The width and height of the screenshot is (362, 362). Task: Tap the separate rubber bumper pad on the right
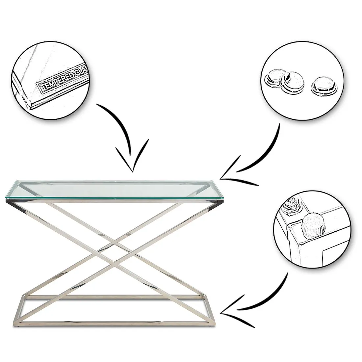click(x=324, y=86)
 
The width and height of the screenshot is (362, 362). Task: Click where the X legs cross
click(x=114, y=252)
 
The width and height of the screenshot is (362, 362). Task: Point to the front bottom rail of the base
click(x=114, y=323)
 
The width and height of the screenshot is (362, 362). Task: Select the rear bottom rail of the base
click(x=114, y=296)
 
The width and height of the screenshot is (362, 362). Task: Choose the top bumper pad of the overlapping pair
click(x=293, y=82)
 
